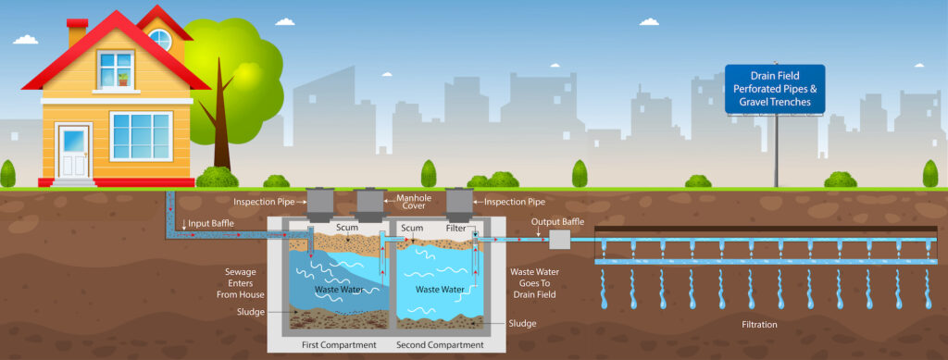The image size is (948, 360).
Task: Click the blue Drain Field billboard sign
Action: tap(775, 89)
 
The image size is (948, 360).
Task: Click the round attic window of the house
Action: tap(160, 39)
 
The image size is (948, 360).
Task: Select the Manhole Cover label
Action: tap(411, 202)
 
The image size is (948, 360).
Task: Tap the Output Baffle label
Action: tap(557, 222)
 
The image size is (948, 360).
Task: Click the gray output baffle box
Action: tap(559, 241)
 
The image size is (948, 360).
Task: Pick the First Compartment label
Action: tap(339, 345)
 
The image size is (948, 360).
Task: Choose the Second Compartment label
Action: tap(440, 345)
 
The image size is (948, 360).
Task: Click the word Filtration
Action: tap(759, 324)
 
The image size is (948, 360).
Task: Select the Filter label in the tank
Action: tap(455, 228)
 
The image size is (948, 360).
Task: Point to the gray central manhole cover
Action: tap(370, 206)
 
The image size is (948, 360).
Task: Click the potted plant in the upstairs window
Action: tap(123, 80)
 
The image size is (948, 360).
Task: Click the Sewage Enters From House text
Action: tap(241, 283)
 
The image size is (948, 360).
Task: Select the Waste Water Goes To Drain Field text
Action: tap(534, 283)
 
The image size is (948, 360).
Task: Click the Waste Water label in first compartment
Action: tap(339, 290)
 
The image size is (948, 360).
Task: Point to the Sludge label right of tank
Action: tap(522, 323)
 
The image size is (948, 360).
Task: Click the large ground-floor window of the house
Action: tap(142, 136)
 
